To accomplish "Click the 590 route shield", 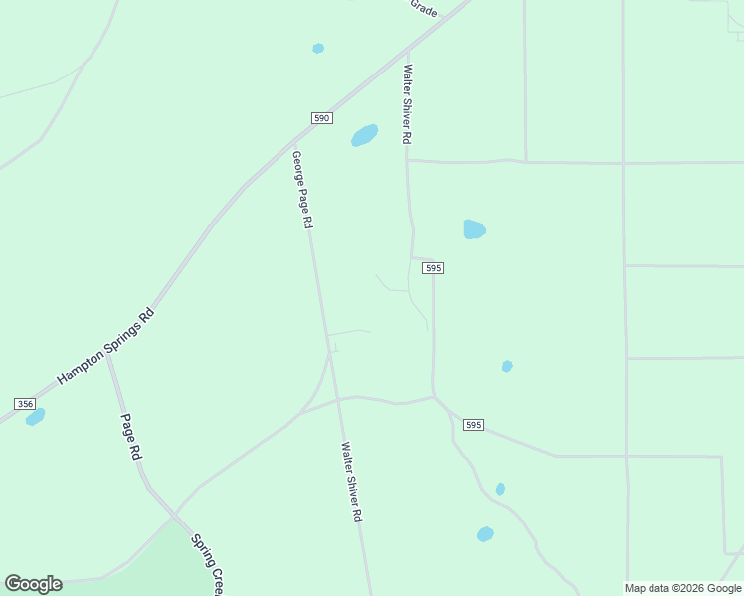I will click(x=321, y=117).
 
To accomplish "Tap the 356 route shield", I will click(x=25, y=403).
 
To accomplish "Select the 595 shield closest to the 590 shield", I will click(x=432, y=268).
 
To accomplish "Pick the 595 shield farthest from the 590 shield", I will click(x=472, y=425).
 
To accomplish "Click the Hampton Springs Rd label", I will click(x=106, y=347).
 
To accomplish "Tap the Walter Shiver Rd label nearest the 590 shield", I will click(x=407, y=105).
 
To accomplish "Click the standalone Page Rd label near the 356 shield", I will click(x=131, y=437).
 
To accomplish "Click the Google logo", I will click(x=33, y=584).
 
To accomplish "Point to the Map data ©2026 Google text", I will click(x=682, y=588).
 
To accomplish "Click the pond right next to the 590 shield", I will click(x=364, y=135).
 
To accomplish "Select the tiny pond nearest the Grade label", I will click(x=318, y=48).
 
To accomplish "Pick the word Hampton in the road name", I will click(x=80, y=369).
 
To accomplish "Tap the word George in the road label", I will click(x=297, y=167).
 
